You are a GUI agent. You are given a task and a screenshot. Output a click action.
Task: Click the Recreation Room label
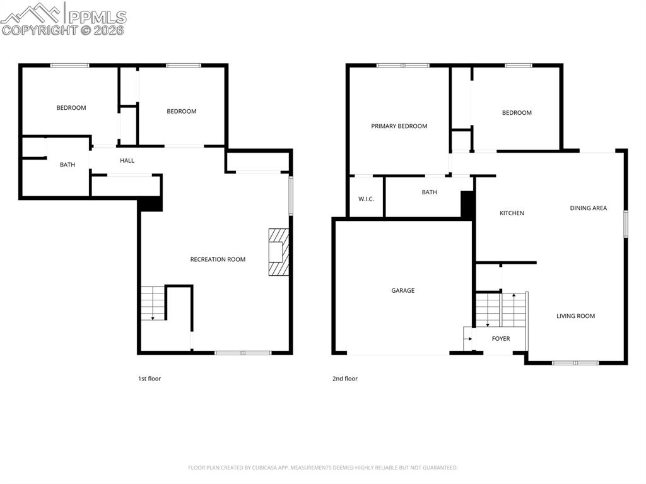pos(218,259)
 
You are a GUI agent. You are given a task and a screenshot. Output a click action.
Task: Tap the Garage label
pos(403,291)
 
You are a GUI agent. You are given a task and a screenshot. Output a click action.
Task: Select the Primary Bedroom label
pos(399,126)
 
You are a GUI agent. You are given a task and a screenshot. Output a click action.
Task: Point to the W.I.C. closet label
pos(366,199)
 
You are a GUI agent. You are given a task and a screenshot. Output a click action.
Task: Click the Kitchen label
pos(512,213)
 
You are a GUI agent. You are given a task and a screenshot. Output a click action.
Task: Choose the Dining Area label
pos(588,208)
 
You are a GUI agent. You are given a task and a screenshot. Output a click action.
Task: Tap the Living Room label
pos(575,316)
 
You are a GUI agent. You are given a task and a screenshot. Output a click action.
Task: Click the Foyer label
pos(501,339)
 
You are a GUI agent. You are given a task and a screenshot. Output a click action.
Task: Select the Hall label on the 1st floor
pos(127,161)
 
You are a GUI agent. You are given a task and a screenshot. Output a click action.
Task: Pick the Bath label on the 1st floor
pos(68,165)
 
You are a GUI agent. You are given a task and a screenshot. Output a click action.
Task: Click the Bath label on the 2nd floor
pos(429,192)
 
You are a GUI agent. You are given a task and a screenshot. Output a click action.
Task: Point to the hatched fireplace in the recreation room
pos(279,252)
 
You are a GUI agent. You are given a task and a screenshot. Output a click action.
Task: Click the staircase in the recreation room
pos(153,304)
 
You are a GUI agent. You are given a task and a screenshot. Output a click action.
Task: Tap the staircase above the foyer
pos(501,309)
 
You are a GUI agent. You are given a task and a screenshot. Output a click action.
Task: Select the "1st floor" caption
pos(150,379)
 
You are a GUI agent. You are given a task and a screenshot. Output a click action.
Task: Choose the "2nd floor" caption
pos(345,379)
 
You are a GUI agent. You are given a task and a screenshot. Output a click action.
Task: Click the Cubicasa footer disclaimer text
pos(323,468)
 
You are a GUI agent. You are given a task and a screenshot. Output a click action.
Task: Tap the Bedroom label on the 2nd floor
pos(517,113)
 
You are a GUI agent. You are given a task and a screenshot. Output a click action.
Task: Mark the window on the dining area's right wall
pos(626,224)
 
